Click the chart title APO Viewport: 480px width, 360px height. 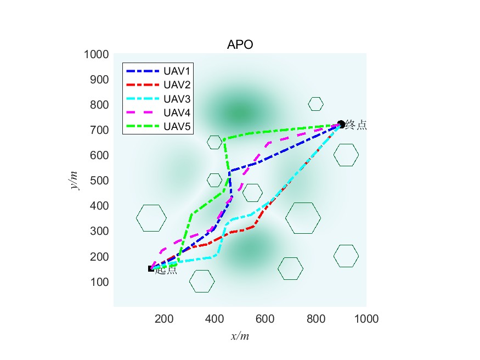[240, 45]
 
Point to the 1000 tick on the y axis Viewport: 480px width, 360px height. [95, 54]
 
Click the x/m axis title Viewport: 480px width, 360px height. [240, 336]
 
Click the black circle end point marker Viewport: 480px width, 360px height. [341, 124]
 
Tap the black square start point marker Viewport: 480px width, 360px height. [151, 268]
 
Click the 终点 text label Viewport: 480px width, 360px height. [356, 125]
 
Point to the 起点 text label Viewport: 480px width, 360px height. [166, 270]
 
